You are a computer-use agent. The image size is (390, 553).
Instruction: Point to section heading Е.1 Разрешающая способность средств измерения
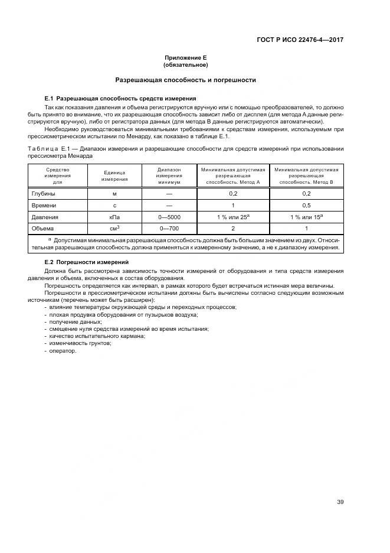(x=120, y=98)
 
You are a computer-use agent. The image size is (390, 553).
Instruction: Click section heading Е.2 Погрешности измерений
(x=87, y=262)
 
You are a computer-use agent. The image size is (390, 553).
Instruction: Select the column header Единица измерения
(x=114, y=175)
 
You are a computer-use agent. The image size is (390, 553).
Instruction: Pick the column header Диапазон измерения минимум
(x=169, y=175)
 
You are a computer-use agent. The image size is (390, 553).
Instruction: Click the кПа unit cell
(x=114, y=217)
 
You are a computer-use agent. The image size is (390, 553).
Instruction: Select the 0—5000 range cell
(x=169, y=217)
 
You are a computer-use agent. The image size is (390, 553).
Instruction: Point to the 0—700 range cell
(x=169, y=229)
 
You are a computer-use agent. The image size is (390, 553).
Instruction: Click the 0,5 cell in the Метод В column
(x=306, y=205)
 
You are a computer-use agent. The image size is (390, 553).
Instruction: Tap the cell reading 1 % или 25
(x=232, y=217)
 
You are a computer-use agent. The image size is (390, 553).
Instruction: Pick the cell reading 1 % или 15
(x=306, y=217)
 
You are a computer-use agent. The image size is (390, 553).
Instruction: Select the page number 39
(x=340, y=502)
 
